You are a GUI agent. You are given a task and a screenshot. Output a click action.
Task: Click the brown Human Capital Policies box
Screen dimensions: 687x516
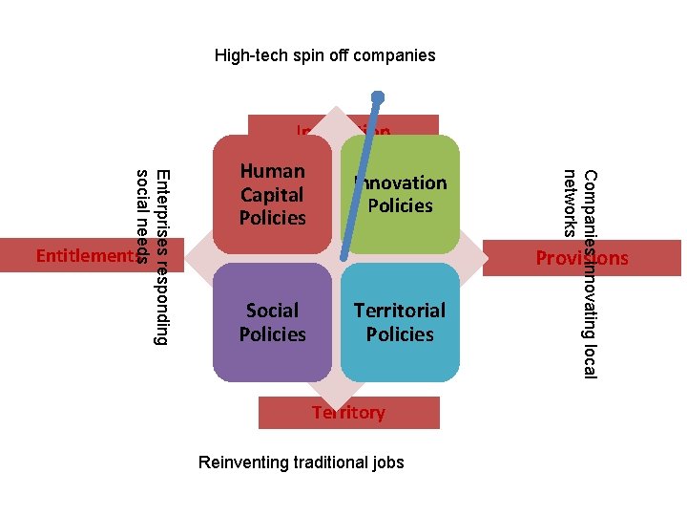click(x=272, y=195)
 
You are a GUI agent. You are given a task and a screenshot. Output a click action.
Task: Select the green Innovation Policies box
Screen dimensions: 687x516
click(x=401, y=195)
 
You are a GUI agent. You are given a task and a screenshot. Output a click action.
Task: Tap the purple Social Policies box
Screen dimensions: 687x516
click(x=272, y=322)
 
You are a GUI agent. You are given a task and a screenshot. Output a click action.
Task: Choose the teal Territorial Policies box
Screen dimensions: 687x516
click(x=400, y=322)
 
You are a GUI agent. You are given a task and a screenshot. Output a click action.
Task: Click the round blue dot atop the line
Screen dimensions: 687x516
click(x=378, y=97)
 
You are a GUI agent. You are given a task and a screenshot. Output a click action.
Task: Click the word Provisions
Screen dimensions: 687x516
click(x=582, y=258)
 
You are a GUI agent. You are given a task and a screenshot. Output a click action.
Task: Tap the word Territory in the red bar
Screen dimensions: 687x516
click(x=349, y=413)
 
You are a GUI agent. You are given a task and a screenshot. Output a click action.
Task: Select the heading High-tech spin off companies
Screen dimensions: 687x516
click(x=324, y=55)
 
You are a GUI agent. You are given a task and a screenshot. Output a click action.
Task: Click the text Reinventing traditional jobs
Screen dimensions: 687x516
click(x=301, y=462)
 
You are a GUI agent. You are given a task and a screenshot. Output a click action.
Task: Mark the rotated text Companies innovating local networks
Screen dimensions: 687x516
click(x=580, y=272)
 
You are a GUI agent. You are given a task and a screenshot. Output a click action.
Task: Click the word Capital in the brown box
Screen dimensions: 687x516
click(x=272, y=194)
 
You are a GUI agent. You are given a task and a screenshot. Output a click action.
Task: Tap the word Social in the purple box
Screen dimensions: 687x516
click(x=272, y=311)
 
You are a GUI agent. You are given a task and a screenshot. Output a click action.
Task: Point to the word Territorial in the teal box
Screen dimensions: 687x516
click(x=400, y=311)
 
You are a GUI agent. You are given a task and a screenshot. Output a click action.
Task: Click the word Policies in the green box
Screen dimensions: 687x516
click(x=401, y=205)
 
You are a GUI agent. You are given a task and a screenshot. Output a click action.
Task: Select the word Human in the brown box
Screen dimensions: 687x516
click(x=272, y=171)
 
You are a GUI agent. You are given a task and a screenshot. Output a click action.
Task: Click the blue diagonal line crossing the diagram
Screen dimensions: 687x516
click(x=361, y=182)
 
